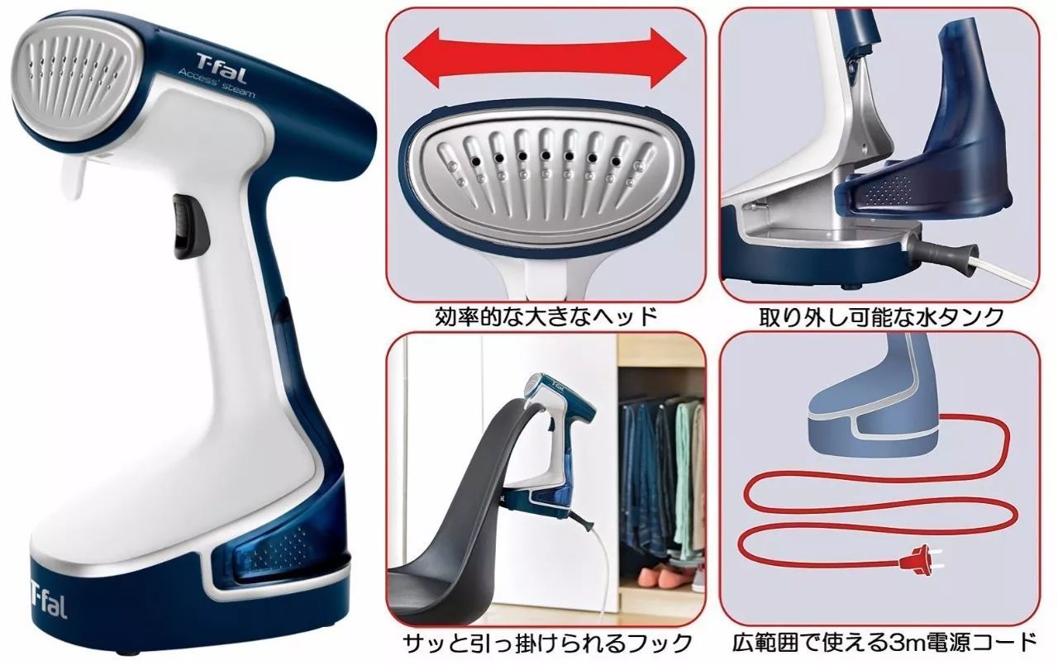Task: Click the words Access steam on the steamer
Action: pyautogui.click(x=217, y=85)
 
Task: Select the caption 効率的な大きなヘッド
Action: pyautogui.click(x=546, y=316)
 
